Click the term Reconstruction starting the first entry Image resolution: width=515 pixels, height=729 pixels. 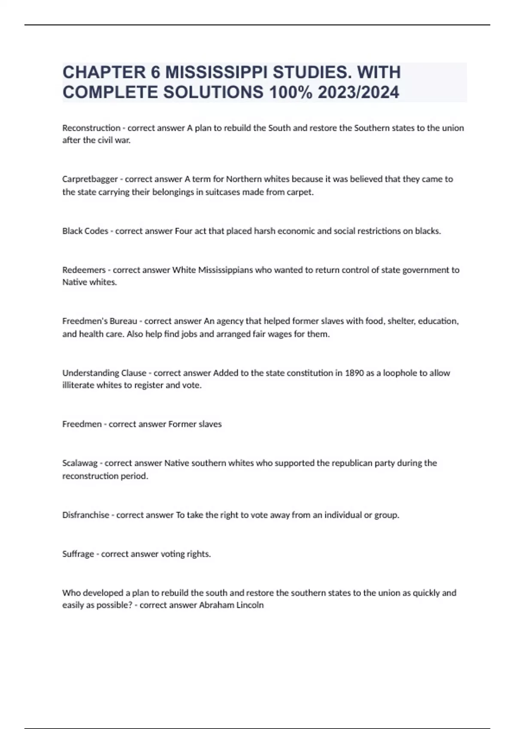[91, 128]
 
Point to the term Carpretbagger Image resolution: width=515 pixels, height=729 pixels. [90, 179]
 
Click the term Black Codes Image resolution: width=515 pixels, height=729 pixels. [85, 231]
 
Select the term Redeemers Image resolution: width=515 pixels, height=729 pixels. [84, 270]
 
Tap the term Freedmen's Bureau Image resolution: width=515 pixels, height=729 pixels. [100, 321]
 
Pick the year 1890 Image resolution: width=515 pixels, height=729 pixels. [354, 373]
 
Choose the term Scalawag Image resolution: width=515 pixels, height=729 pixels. [80, 463]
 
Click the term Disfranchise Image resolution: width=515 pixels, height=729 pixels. [85, 515]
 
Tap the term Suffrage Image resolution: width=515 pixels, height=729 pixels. [78, 554]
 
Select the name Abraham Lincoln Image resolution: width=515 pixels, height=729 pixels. [231, 605]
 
